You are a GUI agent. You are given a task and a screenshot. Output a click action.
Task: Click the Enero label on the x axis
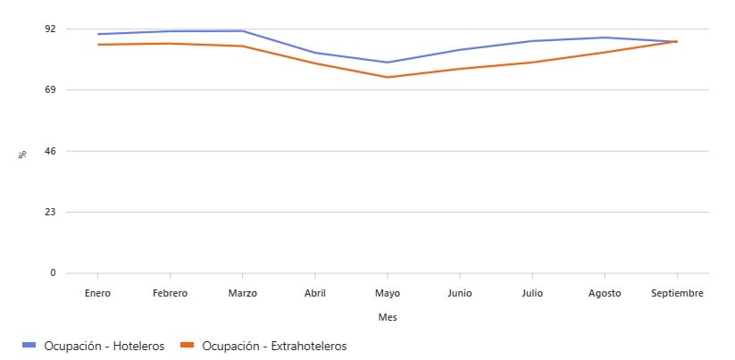click(97, 293)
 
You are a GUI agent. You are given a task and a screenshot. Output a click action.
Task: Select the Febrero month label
click(170, 293)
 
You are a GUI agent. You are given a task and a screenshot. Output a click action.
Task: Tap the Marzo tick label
click(243, 293)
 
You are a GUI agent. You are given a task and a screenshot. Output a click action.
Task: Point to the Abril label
click(315, 293)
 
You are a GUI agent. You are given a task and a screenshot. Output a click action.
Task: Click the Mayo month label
click(388, 293)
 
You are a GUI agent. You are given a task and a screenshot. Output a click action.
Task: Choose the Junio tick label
click(460, 293)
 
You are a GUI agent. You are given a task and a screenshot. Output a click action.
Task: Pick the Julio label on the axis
click(532, 293)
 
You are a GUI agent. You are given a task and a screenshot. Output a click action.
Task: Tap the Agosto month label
click(605, 293)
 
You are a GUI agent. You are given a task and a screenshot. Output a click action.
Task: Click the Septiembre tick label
click(677, 293)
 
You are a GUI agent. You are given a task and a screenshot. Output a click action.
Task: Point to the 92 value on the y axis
click(50, 29)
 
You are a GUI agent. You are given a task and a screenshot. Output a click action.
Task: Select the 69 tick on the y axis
click(50, 89)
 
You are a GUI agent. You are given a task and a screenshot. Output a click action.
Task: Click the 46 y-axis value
click(50, 151)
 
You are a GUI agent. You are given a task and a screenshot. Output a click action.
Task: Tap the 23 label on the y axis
click(50, 212)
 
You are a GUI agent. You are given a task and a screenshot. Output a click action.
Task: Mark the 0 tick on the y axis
click(53, 273)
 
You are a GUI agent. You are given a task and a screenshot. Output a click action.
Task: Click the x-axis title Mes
click(388, 317)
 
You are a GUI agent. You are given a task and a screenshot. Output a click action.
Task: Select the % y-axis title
click(22, 154)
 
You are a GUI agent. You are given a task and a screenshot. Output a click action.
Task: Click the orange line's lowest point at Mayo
click(388, 77)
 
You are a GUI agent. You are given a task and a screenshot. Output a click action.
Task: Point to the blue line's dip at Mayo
click(388, 63)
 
